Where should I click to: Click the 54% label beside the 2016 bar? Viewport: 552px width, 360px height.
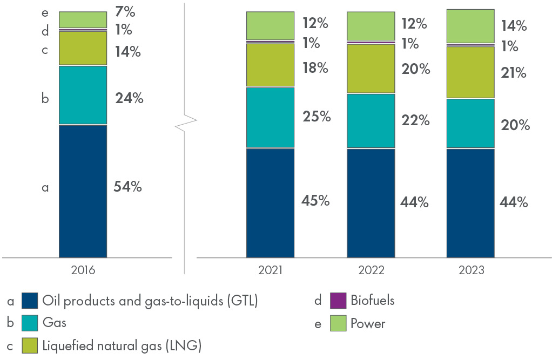pyautogui.click(x=128, y=187)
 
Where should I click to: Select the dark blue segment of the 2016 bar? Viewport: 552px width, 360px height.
pyautogui.click(x=83, y=191)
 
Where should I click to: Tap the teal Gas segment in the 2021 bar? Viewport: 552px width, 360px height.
pyautogui.click(x=270, y=117)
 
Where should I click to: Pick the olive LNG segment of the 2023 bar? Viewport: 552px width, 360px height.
pyautogui.click(x=470, y=72)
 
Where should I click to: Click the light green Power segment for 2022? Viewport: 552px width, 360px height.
pyautogui.click(x=371, y=26)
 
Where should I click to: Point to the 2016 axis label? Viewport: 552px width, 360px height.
pyautogui.click(x=83, y=270)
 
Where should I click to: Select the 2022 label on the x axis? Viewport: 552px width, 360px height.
pyautogui.click(x=371, y=270)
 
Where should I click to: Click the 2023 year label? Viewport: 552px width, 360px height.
pyautogui.click(x=470, y=270)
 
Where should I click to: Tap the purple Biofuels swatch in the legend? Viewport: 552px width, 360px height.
pyautogui.click(x=338, y=301)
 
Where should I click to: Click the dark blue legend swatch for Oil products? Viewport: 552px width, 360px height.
pyautogui.click(x=30, y=301)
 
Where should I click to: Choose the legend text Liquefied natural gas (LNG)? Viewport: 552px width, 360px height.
pyautogui.click(x=122, y=346)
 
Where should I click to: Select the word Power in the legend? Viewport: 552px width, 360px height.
pyautogui.click(x=368, y=324)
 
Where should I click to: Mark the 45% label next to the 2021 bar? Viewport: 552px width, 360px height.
pyautogui.click(x=316, y=201)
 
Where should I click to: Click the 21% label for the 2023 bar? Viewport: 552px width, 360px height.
pyautogui.click(x=513, y=72)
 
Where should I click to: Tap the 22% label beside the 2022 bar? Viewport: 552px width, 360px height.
pyautogui.click(x=416, y=120)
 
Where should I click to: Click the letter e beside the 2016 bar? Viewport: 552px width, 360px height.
pyautogui.click(x=45, y=11)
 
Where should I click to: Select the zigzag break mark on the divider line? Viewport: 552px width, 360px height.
pyautogui.click(x=186, y=123)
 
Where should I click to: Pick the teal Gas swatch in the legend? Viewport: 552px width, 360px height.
pyautogui.click(x=30, y=323)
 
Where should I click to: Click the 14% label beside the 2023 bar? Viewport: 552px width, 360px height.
pyautogui.click(x=513, y=25)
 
